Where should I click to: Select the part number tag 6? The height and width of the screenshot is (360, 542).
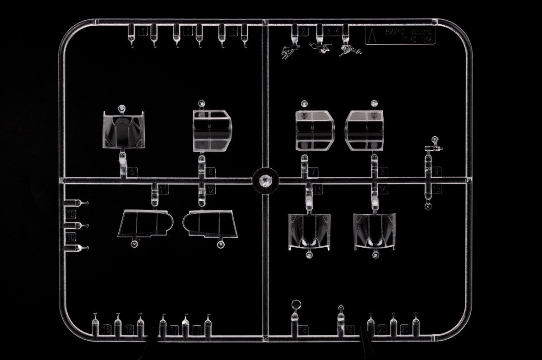coord(211,172)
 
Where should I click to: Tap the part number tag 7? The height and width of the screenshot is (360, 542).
coord(313,172)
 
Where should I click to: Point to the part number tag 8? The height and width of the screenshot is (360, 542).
coord(384,172)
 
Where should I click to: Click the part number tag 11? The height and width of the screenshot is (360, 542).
coord(163,189)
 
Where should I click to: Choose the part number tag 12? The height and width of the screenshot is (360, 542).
coord(211,190)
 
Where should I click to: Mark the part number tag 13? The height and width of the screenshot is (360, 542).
coord(318,190)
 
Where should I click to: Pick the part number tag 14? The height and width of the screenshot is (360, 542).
coord(383,190)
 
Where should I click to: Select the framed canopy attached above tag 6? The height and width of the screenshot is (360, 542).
coord(212,130)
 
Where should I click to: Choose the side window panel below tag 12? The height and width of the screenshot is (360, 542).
coord(210,224)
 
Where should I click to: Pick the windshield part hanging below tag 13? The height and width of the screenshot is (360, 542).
coord(309,232)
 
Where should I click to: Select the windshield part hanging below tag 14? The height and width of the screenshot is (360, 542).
coord(375,232)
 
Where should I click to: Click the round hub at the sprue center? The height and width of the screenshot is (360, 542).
coord(265,180)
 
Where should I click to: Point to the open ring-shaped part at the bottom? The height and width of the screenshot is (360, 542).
coord(296,305)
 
